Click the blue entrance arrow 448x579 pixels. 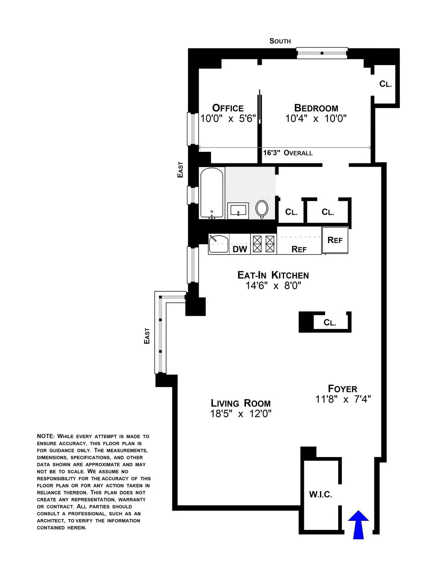coord(358,524)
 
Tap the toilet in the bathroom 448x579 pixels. coord(262,209)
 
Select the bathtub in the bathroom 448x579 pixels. coord(212,193)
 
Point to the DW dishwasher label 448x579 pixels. coord(240,249)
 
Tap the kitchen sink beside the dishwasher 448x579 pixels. coord(218,244)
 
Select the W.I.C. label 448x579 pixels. coord(320,495)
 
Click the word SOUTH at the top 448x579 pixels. coord(280,41)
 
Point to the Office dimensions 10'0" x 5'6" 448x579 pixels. coord(228,119)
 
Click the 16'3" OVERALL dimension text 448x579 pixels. coord(287,153)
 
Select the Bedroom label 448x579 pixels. coord(316,108)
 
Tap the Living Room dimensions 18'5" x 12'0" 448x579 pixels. coord(240,413)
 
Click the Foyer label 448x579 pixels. coord(342,389)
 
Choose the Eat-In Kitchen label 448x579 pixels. coord(273,275)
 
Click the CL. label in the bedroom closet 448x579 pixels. coord(385,84)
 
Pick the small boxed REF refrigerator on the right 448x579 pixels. coord(335,240)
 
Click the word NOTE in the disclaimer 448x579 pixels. coord(46,436)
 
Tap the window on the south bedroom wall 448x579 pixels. coord(322,53)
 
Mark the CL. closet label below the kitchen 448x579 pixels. coord(330,323)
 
